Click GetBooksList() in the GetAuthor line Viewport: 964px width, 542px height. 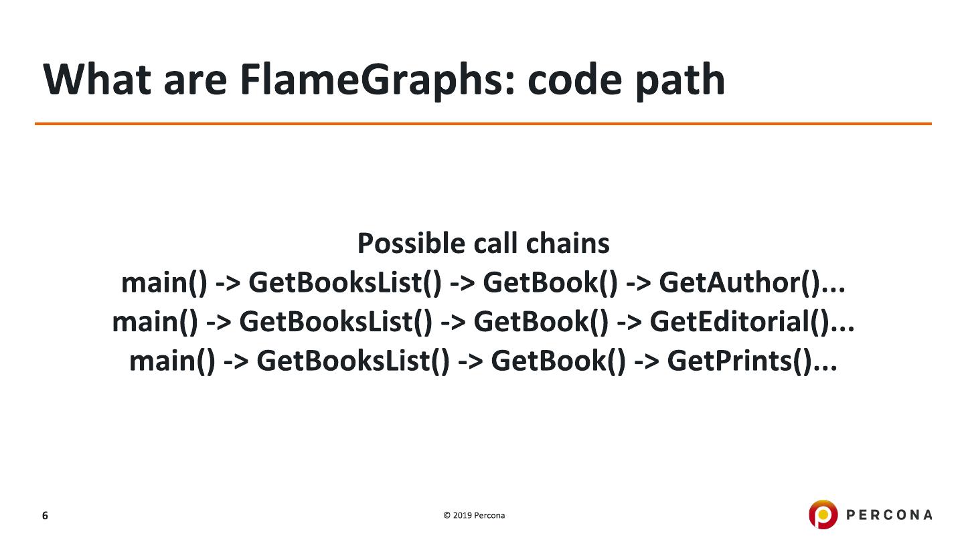pos(345,283)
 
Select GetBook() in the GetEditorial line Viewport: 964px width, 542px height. pos(541,322)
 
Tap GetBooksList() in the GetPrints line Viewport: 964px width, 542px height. pos(353,361)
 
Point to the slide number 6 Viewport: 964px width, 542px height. pos(45,515)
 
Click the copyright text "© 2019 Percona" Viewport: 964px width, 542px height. pos(474,515)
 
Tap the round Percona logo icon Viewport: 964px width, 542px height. pos(823,515)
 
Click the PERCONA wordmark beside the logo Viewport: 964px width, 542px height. pos(889,515)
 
